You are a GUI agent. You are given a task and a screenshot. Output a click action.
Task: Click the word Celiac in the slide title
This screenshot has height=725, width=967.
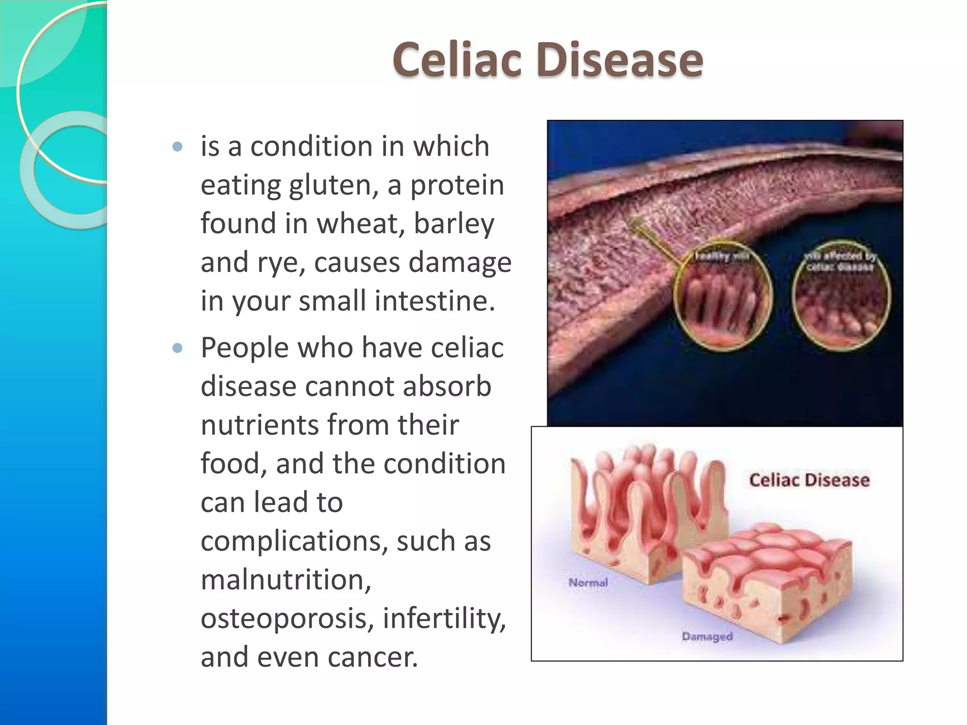point(457,60)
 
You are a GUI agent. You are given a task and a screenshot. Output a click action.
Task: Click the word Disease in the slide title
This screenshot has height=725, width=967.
point(619,60)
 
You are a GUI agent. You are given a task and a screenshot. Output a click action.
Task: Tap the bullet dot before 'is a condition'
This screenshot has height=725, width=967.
point(178,147)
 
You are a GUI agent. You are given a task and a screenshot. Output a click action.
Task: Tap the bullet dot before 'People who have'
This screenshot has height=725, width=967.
point(178,348)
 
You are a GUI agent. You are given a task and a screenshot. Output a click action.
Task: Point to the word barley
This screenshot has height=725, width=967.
point(454,224)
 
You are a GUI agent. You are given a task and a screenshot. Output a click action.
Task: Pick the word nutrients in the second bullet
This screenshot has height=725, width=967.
point(259,425)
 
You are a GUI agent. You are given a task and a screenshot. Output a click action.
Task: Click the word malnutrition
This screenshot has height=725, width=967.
point(285,580)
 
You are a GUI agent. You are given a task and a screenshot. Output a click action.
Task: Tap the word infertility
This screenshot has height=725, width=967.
point(444,618)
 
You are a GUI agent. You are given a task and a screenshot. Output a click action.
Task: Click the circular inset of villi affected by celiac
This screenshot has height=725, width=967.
point(841,295)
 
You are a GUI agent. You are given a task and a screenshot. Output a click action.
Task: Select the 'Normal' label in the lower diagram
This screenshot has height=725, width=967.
point(588,583)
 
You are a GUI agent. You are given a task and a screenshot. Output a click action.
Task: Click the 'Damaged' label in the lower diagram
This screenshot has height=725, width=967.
point(707,637)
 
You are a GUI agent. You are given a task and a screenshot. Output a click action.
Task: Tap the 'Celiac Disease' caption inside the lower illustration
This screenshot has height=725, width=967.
point(809,480)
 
